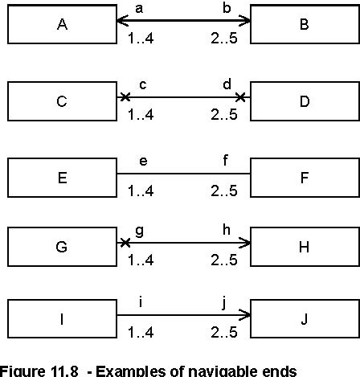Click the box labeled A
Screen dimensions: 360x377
[62, 24]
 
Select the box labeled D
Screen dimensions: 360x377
[305, 101]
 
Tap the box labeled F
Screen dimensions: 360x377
[305, 178]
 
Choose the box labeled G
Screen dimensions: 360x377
[62, 247]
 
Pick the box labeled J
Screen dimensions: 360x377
[305, 319]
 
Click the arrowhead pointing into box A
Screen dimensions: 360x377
[122, 20]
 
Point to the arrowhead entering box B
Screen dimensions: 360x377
[244, 20]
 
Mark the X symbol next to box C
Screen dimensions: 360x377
[125, 97]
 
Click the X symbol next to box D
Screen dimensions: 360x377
[240, 97]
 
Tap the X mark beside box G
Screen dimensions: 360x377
[125, 243]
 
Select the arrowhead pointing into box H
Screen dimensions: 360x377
[244, 243]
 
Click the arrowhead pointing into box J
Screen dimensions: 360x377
[244, 315]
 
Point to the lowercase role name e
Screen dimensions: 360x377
[143, 162]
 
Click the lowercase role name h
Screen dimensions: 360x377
[227, 230]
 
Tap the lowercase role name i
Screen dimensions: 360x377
[141, 302]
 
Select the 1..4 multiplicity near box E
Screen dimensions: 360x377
[141, 191]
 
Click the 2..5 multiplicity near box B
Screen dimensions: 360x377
[224, 38]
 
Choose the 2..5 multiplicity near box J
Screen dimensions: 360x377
[224, 332]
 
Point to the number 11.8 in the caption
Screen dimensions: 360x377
[64, 371]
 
